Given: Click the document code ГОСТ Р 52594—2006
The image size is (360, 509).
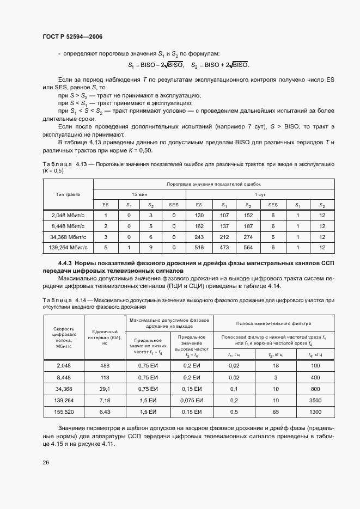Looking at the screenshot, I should (x=72, y=36).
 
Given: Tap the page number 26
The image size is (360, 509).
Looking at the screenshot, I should (x=46, y=463).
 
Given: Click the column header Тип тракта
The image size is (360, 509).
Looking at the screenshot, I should (x=68, y=194).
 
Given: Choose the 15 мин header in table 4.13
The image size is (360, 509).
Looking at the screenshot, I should (x=140, y=194).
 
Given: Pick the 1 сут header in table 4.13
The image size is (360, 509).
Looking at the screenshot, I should (x=260, y=194).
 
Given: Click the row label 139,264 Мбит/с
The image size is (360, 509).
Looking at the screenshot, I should (x=68, y=248).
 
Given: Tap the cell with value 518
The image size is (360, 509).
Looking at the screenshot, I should (x=199, y=248).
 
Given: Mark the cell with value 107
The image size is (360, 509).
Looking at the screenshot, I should (x=223, y=216).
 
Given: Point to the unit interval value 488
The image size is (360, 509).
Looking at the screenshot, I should (x=105, y=366).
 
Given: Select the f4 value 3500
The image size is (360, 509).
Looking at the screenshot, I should (x=315, y=400).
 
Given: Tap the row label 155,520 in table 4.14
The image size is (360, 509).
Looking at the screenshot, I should (x=64, y=412).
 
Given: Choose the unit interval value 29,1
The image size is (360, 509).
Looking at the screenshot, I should (x=105, y=389).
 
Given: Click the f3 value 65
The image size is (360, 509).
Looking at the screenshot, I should (x=276, y=412).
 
